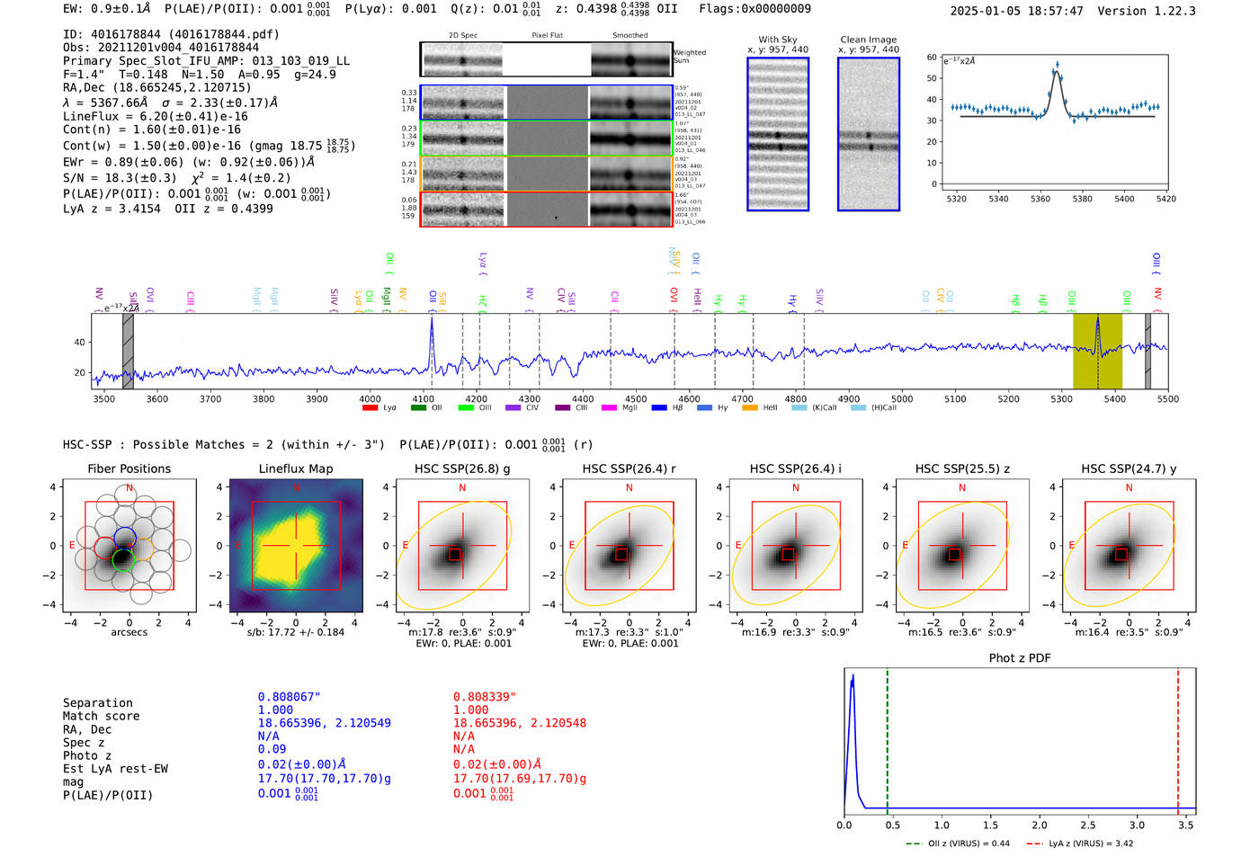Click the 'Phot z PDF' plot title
(1020, 658)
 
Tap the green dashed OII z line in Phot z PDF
(887, 737)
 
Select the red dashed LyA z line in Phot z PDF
(1178, 737)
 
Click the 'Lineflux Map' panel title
(296, 469)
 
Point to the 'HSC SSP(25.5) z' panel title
(961, 469)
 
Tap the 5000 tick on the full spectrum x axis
(902, 399)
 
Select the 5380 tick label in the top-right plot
(1082, 199)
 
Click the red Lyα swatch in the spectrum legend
(370, 408)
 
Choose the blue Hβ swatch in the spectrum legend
(659, 408)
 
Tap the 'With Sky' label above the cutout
(778, 40)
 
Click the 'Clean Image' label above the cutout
(868, 40)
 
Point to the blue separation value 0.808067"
(289, 697)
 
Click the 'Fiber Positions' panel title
(129, 469)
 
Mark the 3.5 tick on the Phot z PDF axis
(1186, 825)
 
